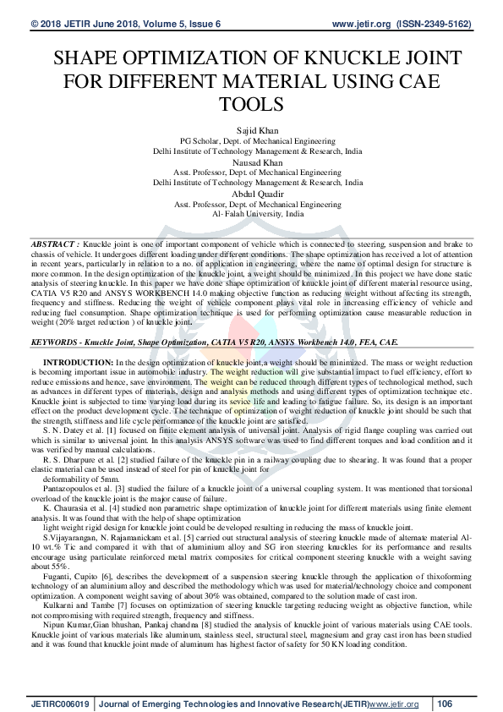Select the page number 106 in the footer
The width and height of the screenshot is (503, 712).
tap(446, 703)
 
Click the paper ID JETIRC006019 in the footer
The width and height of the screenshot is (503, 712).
tap(61, 703)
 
